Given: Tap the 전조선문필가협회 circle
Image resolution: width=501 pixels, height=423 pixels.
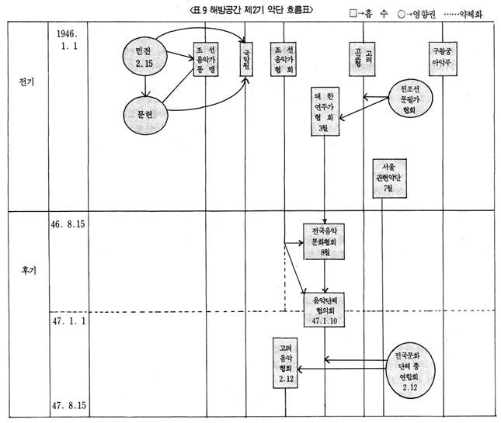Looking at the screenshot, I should coord(410,99).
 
